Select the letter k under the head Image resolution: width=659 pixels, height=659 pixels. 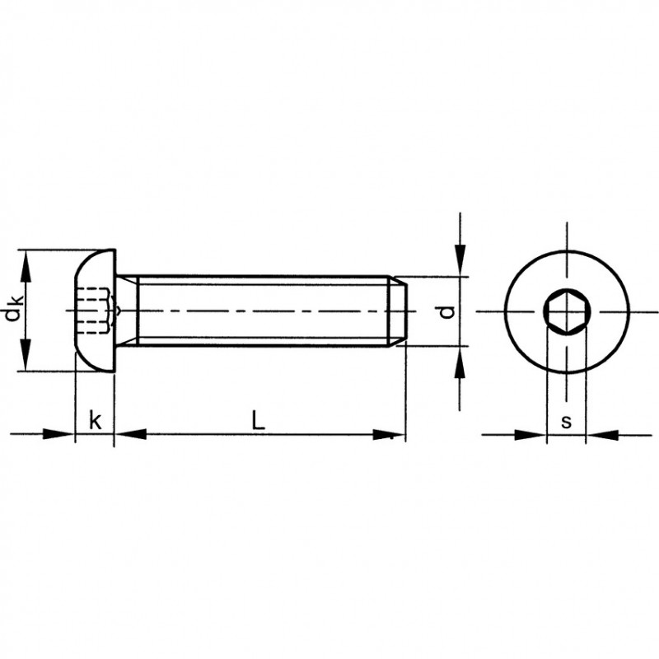point(96,420)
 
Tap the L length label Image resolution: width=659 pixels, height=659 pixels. point(258,420)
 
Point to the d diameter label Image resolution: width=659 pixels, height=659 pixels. point(446,311)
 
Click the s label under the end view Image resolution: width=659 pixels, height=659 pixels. point(566,422)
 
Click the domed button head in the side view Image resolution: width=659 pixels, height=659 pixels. point(95,311)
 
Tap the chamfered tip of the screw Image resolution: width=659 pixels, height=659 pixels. point(398,311)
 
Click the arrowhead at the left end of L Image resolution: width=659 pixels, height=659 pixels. point(131,435)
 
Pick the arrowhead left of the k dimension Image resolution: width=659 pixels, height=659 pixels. point(58,434)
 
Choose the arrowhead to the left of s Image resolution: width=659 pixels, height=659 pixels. point(530,435)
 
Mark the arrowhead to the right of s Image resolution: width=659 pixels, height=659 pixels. point(602,435)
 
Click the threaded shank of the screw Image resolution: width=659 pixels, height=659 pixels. point(263,311)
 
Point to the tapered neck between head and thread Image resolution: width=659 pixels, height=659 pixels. point(127,311)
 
